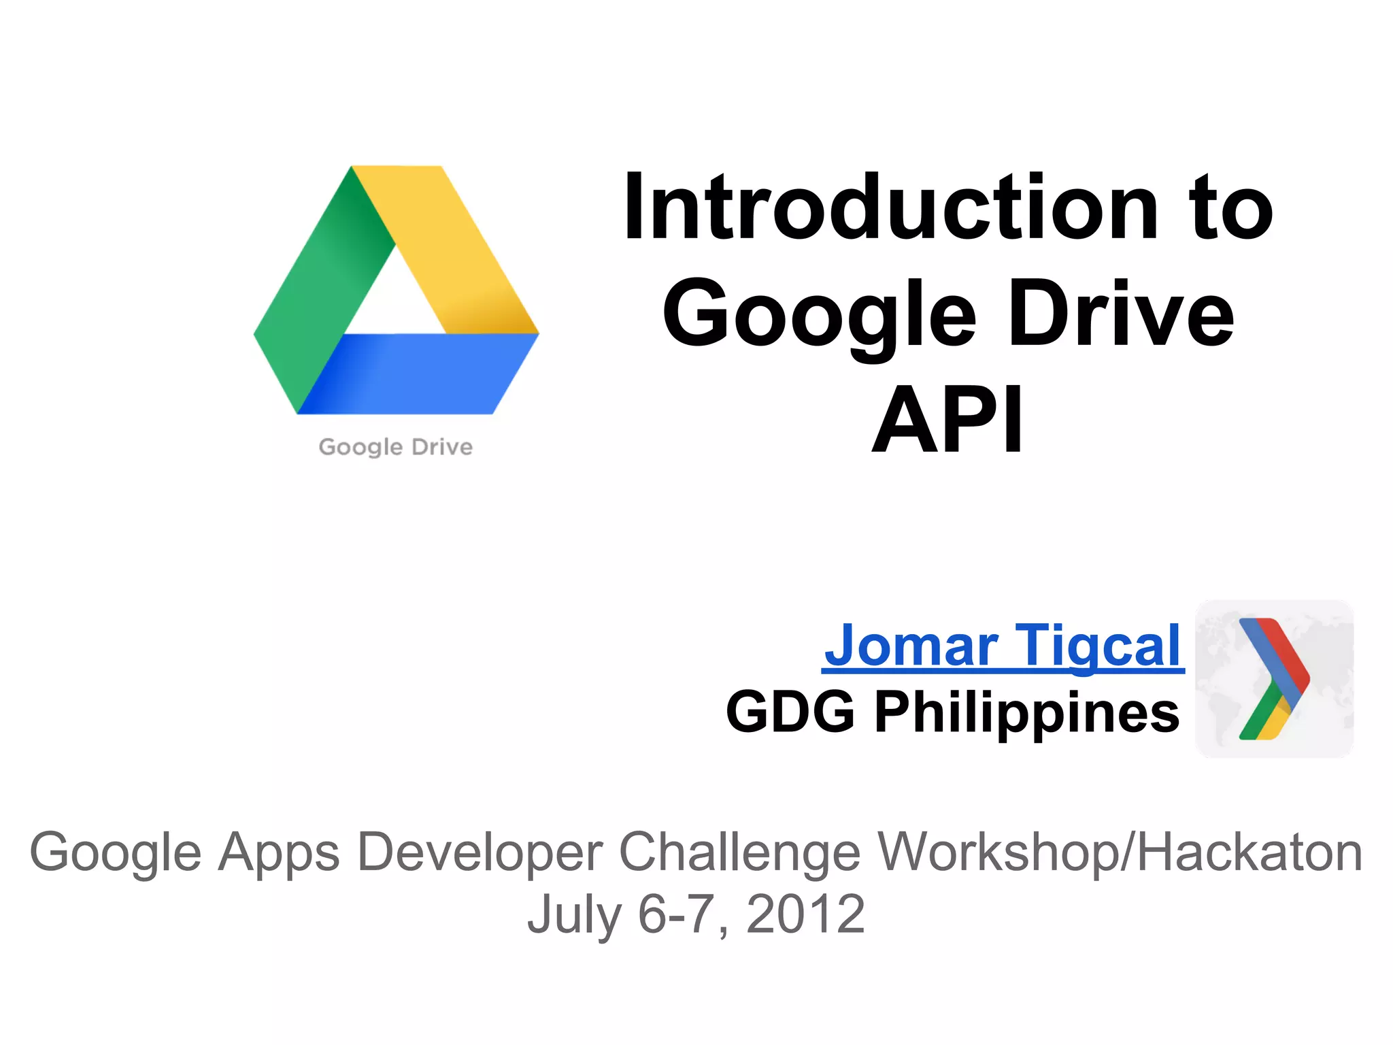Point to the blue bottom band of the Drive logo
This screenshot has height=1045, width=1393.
pyautogui.click(x=415, y=374)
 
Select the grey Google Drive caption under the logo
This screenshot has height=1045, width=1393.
pyautogui.click(x=395, y=447)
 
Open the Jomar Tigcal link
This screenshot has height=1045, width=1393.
pyautogui.click(x=1003, y=646)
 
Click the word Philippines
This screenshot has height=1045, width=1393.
pyautogui.click(x=1026, y=712)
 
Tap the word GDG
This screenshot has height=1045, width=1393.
pyautogui.click(x=790, y=712)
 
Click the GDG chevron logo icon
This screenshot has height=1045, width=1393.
pyautogui.click(x=1274, y=679)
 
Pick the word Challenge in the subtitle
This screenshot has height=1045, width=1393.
pyautogui.click(x=740, y=852)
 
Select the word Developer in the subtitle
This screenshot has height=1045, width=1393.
pyautogui.click(x=480, y=852)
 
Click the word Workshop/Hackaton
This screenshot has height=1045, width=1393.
pyautogui.click(x=1120, y=852)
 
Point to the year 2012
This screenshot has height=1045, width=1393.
pyautogui.click(x=805, y=914)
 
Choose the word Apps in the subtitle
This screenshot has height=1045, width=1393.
pyautogui.click(x=279, y=853)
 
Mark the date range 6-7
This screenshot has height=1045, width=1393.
pyautogui.click(x=675, y=914)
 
